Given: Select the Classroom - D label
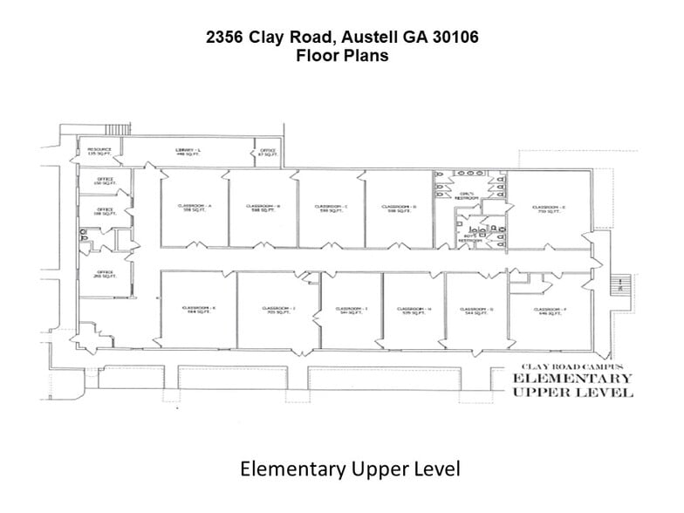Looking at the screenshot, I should coord(399,208).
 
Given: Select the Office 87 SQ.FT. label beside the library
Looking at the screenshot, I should coord(267,152).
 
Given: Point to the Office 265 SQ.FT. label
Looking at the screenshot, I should coord(105,274).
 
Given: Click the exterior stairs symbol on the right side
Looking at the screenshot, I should coord(620,284).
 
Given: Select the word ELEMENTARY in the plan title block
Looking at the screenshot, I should coord(571,379).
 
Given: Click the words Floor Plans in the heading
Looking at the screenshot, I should coord(342,54).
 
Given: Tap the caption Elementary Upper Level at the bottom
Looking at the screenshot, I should coord(349,469).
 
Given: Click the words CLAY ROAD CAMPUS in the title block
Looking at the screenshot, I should coord(571,366).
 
